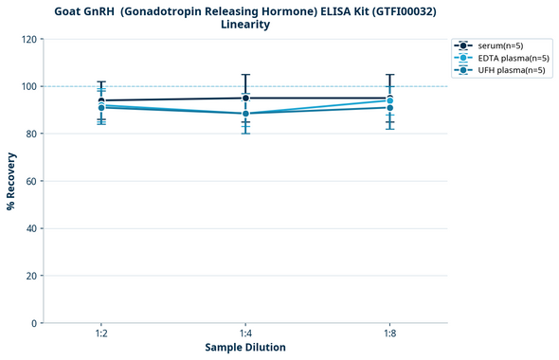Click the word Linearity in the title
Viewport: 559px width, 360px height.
244,25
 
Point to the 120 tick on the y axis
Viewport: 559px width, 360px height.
28,39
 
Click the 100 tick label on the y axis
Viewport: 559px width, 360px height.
28,86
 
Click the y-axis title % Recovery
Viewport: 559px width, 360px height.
11,181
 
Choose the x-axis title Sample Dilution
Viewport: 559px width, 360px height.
245,348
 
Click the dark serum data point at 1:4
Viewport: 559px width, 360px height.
245,98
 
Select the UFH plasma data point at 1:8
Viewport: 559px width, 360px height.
389,108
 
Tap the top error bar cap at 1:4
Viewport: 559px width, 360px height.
245,75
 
